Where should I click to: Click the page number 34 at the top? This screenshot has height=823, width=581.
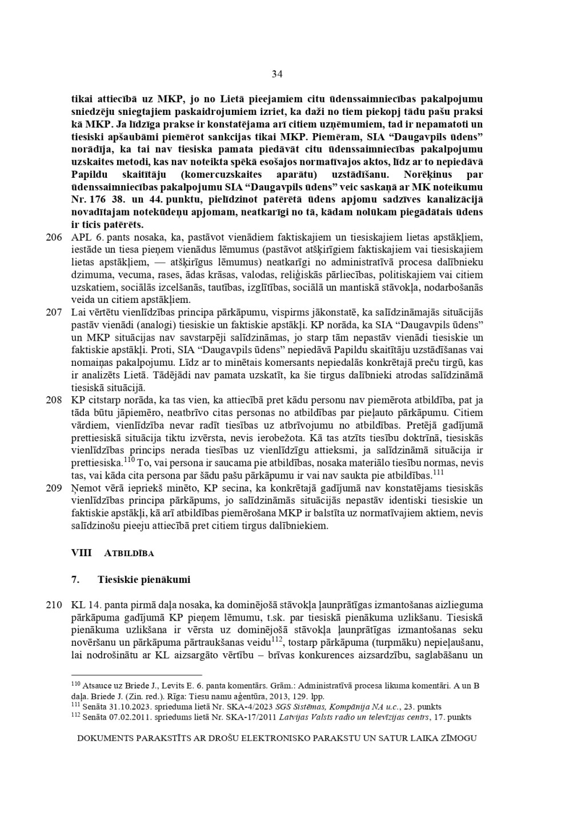coord(277,74)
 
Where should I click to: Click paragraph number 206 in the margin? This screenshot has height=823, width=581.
coord(54,237)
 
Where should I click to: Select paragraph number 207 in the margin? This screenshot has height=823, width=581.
coord(54,313)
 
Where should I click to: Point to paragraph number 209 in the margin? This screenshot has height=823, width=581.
coord(54,489)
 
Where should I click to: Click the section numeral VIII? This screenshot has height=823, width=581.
coord(81,553)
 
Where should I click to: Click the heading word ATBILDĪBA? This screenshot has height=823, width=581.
coord(129,554)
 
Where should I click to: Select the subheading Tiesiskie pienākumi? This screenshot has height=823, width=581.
coord(143,580)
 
